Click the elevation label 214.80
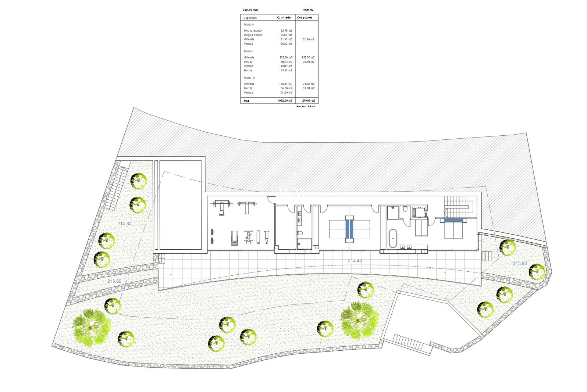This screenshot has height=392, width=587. point(124,224)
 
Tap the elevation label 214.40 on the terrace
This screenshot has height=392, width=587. point(355,261)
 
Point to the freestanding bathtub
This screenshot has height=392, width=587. point(393,238)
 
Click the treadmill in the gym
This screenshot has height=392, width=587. point(234,238)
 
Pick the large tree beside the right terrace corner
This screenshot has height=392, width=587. point(359,321)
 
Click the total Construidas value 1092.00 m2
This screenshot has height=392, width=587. point(285,101)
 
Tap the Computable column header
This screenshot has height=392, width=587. point(305,18)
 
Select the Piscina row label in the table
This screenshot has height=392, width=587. point(248,71)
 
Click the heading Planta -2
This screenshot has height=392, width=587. point(249,78)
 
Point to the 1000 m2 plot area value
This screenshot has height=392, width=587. point(308,10)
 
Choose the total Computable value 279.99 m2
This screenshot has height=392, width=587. point(308,101)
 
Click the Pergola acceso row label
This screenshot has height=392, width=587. point(253,35)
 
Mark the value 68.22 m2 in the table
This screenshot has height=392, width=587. point(286,44)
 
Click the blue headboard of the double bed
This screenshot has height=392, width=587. point(453,221)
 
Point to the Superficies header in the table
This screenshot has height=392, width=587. point(250,18)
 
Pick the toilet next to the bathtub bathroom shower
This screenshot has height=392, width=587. point(405,209)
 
